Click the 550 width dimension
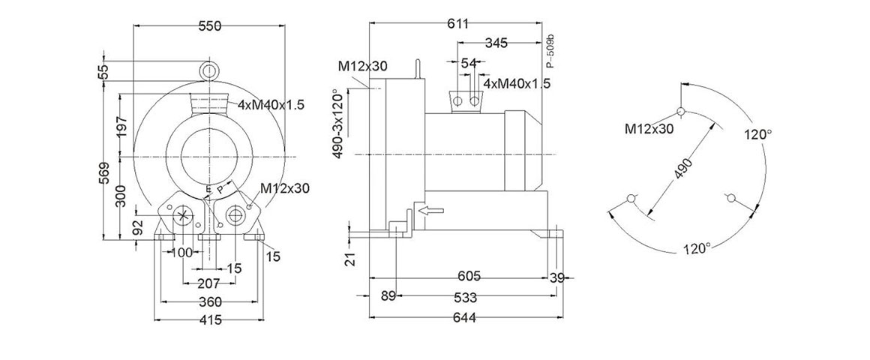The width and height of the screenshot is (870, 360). [x=209, y=26]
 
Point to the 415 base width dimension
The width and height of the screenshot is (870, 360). [x=210, y=320]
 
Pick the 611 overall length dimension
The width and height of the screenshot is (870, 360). [x=458, y=24]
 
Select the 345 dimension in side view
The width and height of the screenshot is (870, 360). [x=496, y=43]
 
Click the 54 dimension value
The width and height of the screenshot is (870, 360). [x=469, y=64]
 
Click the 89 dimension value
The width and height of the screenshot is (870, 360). [x=388, y=296]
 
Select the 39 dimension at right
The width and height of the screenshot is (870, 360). [x=556, y=278]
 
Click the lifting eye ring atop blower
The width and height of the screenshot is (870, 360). [x=209, y=70]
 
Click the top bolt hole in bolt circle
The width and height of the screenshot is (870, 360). [x=681, y=112]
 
